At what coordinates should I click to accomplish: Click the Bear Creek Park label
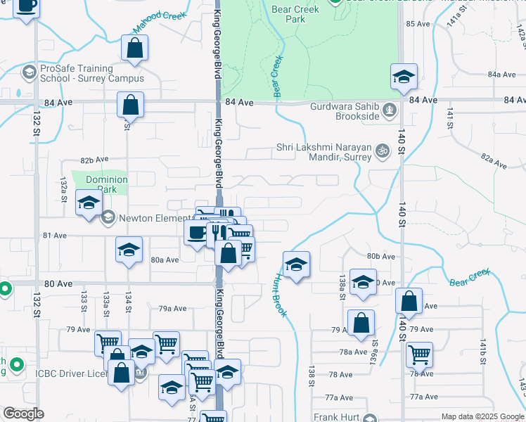295,14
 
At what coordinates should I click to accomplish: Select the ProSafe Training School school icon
29,72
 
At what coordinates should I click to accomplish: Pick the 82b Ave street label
94,160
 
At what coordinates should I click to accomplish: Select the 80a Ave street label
165,260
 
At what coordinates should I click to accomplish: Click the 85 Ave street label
418,24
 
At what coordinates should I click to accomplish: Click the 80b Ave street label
380,257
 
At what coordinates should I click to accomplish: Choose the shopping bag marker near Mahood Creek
134,49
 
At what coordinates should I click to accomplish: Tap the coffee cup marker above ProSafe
27,6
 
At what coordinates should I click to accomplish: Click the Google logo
23,414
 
